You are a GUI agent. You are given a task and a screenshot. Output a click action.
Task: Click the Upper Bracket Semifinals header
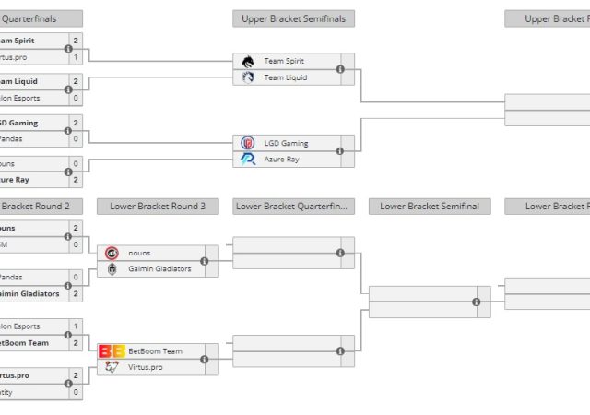(293, 18)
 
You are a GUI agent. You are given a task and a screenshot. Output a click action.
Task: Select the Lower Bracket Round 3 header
(158, 207)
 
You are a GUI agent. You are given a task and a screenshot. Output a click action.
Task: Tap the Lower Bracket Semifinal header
(429, 207)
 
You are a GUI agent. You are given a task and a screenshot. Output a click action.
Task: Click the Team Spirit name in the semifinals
(284, 61)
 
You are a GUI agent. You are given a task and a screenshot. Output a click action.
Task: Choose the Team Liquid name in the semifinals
(285, 77)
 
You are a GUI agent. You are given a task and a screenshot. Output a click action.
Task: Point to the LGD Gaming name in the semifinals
(286, 143)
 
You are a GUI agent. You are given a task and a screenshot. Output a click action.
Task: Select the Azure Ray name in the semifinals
(281, 160)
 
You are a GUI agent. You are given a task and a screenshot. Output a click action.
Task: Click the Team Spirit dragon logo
(247, 61)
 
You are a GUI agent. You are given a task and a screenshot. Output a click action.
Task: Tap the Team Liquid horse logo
(247, 77)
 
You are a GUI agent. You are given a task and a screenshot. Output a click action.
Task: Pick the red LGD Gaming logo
(247, 143)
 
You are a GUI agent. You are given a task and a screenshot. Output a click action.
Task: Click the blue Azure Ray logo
(247, 160)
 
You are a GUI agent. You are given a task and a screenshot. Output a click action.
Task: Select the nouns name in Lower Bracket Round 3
(140, 253)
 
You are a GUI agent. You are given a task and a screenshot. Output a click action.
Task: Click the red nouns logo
(112, 253)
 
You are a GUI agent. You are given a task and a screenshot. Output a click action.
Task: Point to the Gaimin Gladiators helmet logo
(112, 269)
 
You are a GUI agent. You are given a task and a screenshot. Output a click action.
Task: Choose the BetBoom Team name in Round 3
(155, 350)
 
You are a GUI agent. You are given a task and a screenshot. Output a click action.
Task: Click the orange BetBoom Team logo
(112, 350)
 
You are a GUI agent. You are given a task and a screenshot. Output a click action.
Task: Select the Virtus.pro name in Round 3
(147, 367)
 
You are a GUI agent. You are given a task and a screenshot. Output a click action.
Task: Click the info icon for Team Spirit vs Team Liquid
(340, 69)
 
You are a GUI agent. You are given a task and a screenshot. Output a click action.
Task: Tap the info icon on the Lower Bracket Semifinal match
(477, 302)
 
